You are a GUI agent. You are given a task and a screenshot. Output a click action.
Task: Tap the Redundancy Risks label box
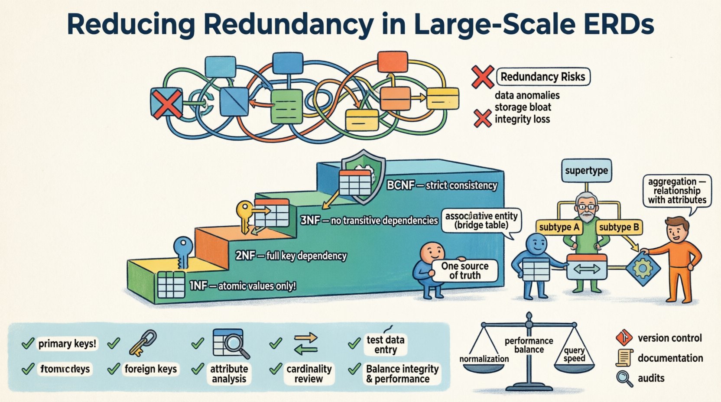543,77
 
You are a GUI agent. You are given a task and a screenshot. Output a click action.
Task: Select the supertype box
586,170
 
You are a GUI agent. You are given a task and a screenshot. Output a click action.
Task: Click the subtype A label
559,227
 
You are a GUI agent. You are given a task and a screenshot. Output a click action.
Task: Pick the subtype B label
618,227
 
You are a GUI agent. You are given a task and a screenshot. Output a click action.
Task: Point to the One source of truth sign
465,271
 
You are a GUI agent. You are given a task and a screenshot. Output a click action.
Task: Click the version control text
669,338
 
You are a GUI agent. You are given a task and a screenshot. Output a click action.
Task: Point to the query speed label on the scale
574,354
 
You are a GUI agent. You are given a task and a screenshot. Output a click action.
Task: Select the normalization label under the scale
484,359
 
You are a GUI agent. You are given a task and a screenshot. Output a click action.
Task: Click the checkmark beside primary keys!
28,344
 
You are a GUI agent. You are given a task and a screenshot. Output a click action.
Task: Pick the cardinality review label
309,373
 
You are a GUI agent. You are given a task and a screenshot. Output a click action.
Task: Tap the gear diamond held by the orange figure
643,269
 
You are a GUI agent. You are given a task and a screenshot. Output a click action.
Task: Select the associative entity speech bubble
481,220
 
